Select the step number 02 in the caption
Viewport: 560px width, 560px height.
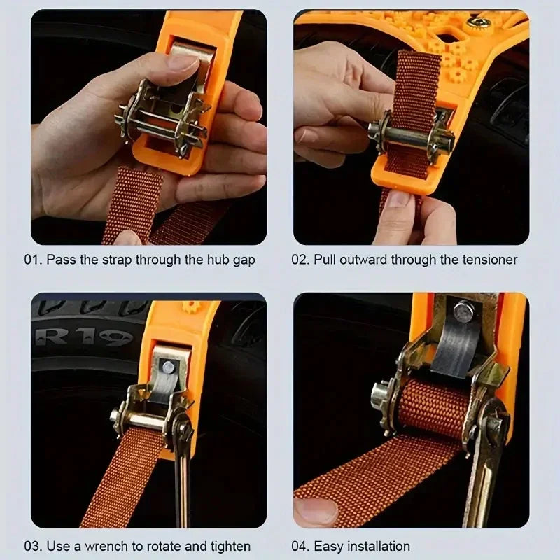300,260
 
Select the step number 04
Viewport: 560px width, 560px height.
300,546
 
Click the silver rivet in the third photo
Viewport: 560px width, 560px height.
169,365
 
